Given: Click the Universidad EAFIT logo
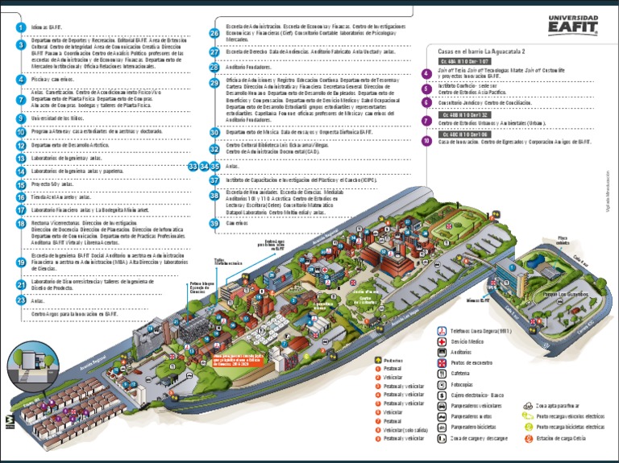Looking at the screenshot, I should [572, 25].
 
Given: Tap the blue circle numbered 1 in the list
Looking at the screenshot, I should [21, 27].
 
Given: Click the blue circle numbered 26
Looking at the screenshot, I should [214, 33].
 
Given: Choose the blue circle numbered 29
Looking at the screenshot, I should [214, 82].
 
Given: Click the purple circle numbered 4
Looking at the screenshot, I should [426, 73].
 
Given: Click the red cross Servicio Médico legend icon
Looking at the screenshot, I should [442, 341].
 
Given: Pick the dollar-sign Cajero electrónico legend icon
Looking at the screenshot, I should [442, 395].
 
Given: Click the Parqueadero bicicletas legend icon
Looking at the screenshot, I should [442, 427].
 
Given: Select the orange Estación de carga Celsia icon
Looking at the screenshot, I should [528, 438].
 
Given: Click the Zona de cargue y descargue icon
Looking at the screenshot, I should [442, 438].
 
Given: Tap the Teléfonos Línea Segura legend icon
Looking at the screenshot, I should [442, 331].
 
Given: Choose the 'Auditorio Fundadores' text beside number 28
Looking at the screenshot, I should [247, 67].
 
